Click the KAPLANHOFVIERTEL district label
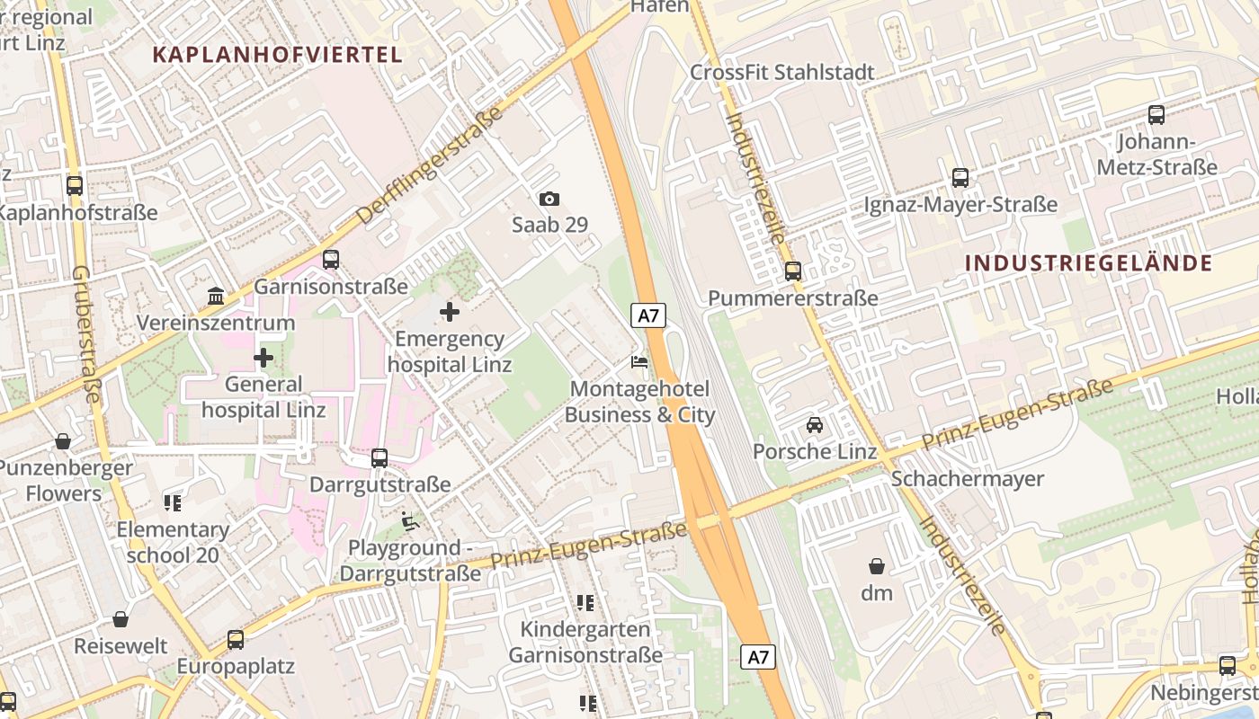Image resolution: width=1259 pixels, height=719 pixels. click(277, 54)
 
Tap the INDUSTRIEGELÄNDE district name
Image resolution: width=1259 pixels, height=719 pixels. click(1089, 263)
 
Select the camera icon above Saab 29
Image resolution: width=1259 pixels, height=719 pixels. click(549, 199)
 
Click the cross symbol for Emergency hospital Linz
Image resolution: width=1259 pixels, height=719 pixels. click(449, 312)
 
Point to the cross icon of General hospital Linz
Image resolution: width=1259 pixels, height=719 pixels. click(263, 358)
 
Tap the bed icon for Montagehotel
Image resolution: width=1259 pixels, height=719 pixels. click(639, 362)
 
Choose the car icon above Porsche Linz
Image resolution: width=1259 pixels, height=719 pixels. click(815, 424)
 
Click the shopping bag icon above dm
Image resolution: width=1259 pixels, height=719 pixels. click(877, 566)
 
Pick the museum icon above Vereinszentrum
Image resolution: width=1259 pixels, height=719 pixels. click(216, 296)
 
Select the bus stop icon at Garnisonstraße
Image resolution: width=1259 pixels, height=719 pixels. click(331, 260)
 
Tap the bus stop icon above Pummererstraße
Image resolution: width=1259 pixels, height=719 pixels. click(793, 271)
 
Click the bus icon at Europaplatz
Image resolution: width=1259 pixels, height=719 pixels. click(236, 640)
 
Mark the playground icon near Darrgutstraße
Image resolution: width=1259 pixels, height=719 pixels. click(410, 520)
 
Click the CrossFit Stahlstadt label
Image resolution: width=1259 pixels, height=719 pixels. click(782, 72)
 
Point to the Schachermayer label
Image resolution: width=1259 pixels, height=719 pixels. click(968, 478)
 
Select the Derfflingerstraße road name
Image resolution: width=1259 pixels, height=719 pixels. click(430, 166)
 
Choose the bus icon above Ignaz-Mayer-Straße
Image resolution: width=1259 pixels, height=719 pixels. click(960, 177)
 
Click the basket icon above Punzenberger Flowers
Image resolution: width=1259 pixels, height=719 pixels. click(63, 441)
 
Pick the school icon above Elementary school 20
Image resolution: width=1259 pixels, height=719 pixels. click(173, 502)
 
